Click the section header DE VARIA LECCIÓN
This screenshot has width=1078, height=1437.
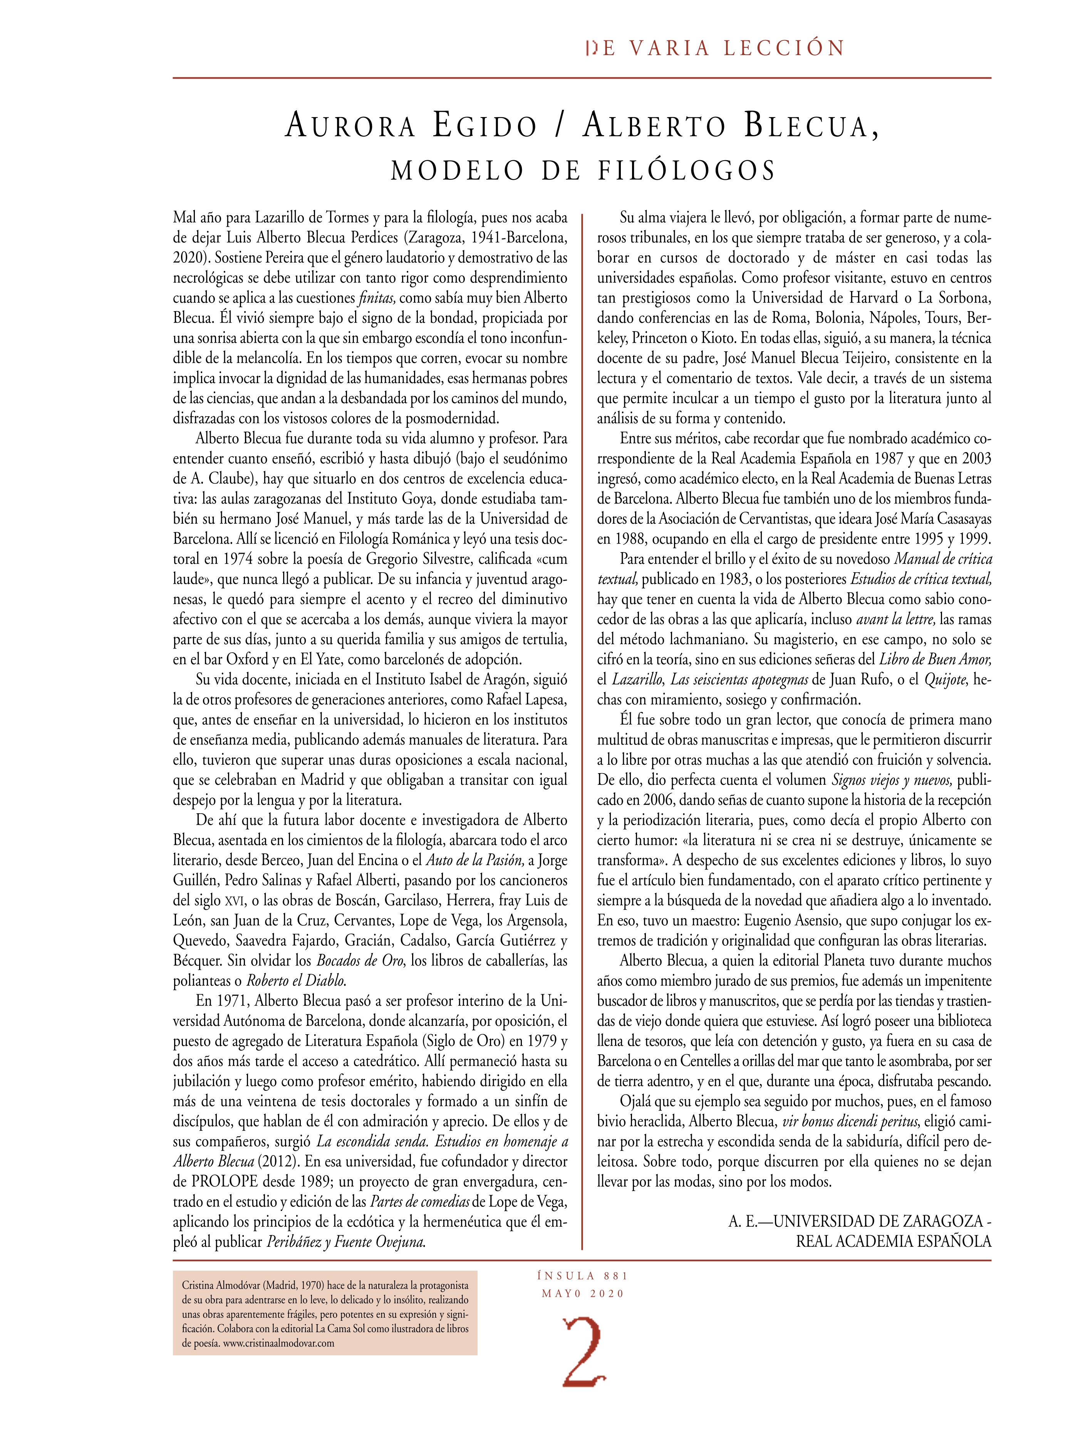[715, 48]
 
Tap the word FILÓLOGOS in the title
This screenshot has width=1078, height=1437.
[687, 170]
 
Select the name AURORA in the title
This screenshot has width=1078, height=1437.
[350, 126]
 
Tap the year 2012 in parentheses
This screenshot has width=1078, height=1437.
[275, 1162]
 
